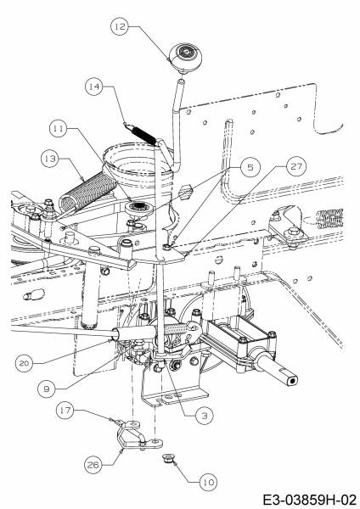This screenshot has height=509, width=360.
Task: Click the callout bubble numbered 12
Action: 120,26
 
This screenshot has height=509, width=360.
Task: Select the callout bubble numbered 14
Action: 94,87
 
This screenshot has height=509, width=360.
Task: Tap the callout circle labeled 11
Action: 58,129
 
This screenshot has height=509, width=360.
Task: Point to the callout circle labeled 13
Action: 50,159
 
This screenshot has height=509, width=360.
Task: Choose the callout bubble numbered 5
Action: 250,167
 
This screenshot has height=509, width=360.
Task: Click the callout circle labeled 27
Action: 296,166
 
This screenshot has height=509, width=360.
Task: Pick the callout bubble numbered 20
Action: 24,363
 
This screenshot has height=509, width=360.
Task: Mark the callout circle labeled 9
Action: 47,389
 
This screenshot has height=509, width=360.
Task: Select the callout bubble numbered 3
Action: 205,416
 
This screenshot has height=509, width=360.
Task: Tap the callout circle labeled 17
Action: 65,411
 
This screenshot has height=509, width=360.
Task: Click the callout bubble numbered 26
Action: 93,465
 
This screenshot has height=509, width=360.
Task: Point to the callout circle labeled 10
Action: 208,482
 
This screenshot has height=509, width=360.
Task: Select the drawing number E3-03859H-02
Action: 309,500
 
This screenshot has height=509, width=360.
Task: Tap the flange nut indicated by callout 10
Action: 168,459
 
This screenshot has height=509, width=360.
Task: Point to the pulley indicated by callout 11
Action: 139,207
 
